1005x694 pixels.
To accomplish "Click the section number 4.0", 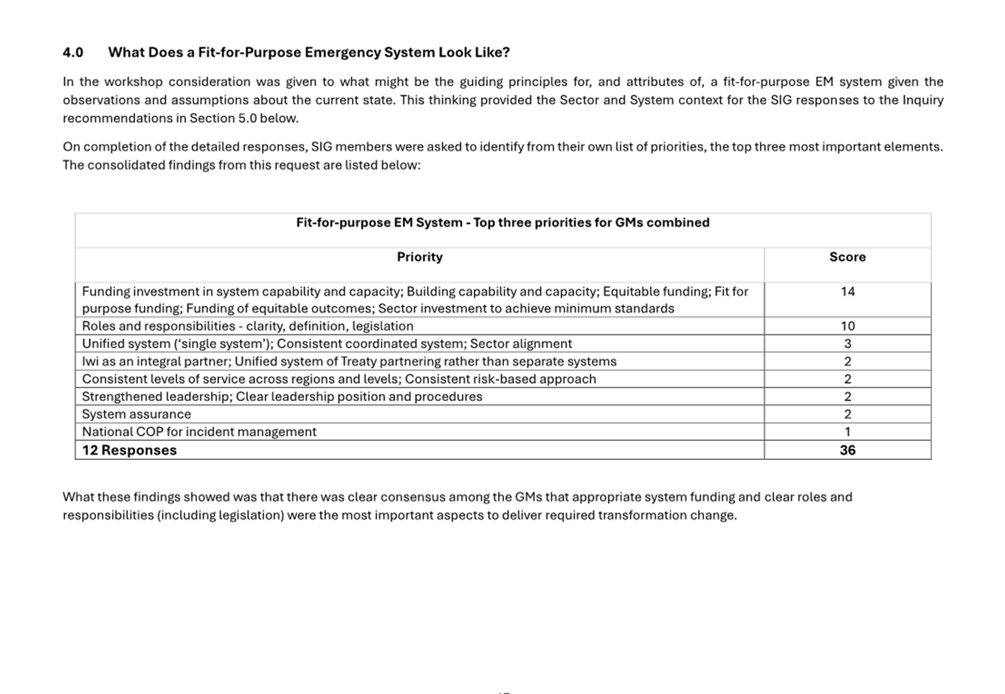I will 73,52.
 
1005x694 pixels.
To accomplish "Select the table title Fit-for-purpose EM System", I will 379,222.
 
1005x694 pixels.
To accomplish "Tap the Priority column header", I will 419,257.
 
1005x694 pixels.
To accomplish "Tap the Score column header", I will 847,257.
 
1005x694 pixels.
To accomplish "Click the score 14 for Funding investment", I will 847,292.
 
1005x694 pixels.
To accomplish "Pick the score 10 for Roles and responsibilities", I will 847,326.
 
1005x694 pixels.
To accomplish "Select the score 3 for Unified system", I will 847,344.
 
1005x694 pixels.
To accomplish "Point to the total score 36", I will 847,450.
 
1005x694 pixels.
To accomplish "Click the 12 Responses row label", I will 129,450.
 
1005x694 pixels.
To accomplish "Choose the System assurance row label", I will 137,414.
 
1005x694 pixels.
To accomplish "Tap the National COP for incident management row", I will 199,432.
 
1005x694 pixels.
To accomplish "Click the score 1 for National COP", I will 847,432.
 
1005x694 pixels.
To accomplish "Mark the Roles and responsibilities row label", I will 247,326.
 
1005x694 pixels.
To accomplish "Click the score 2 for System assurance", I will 847,414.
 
